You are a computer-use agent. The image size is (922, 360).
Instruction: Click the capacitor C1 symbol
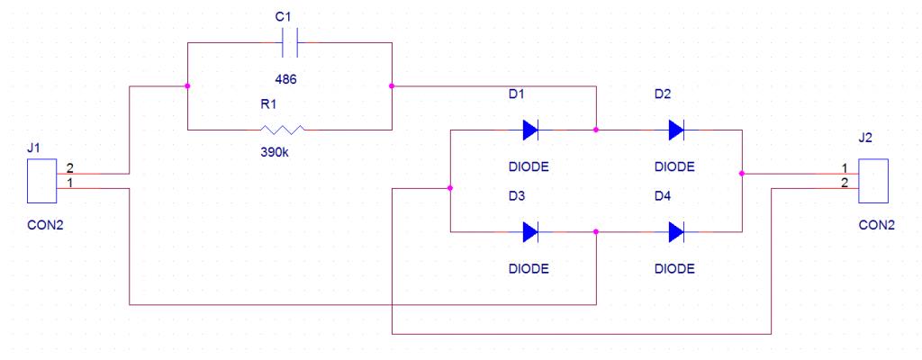pyautogui.click(x=289, y=43)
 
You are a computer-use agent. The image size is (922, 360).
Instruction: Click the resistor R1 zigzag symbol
pyautogui.click(x=283, y=130)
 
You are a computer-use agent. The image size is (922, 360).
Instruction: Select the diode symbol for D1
pyautogui.click(x=530, y=130)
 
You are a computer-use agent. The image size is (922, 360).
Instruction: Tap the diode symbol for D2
pyautogui.click(x=677, y=130)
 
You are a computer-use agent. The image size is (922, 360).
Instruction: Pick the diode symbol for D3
pyautogui.click(x=530, y=232)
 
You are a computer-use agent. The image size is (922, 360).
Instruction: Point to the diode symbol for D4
pyautogui.click(x=677, y=232)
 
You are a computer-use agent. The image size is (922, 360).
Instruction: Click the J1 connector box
pyautogui.click(x=41, y=181)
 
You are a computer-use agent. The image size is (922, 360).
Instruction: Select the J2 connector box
pyautogui.click(x=873, y=181)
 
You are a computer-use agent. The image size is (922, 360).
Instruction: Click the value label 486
pyautogui.click(x=285, y=79)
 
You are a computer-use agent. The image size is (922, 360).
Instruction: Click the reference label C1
pyautogui.click(x=284, y=18)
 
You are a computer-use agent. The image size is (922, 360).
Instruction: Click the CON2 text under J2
pyautogui.click(x=877, y=225)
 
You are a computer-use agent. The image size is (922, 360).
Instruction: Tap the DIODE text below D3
pyautogui.click(x=529, y=269)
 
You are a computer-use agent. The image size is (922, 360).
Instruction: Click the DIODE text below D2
pyautogui.click(x=674, y=167)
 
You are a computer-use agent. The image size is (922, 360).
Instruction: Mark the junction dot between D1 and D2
pyautogui.click(x=596, y=130)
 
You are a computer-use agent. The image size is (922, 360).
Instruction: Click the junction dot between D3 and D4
pyautogui.click(x=596, y=232)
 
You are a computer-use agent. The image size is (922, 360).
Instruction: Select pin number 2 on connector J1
pyautogui.click(x=69, y=168)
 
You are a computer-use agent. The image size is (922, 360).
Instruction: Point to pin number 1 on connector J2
pyautogui.click(x=845, y=168)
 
